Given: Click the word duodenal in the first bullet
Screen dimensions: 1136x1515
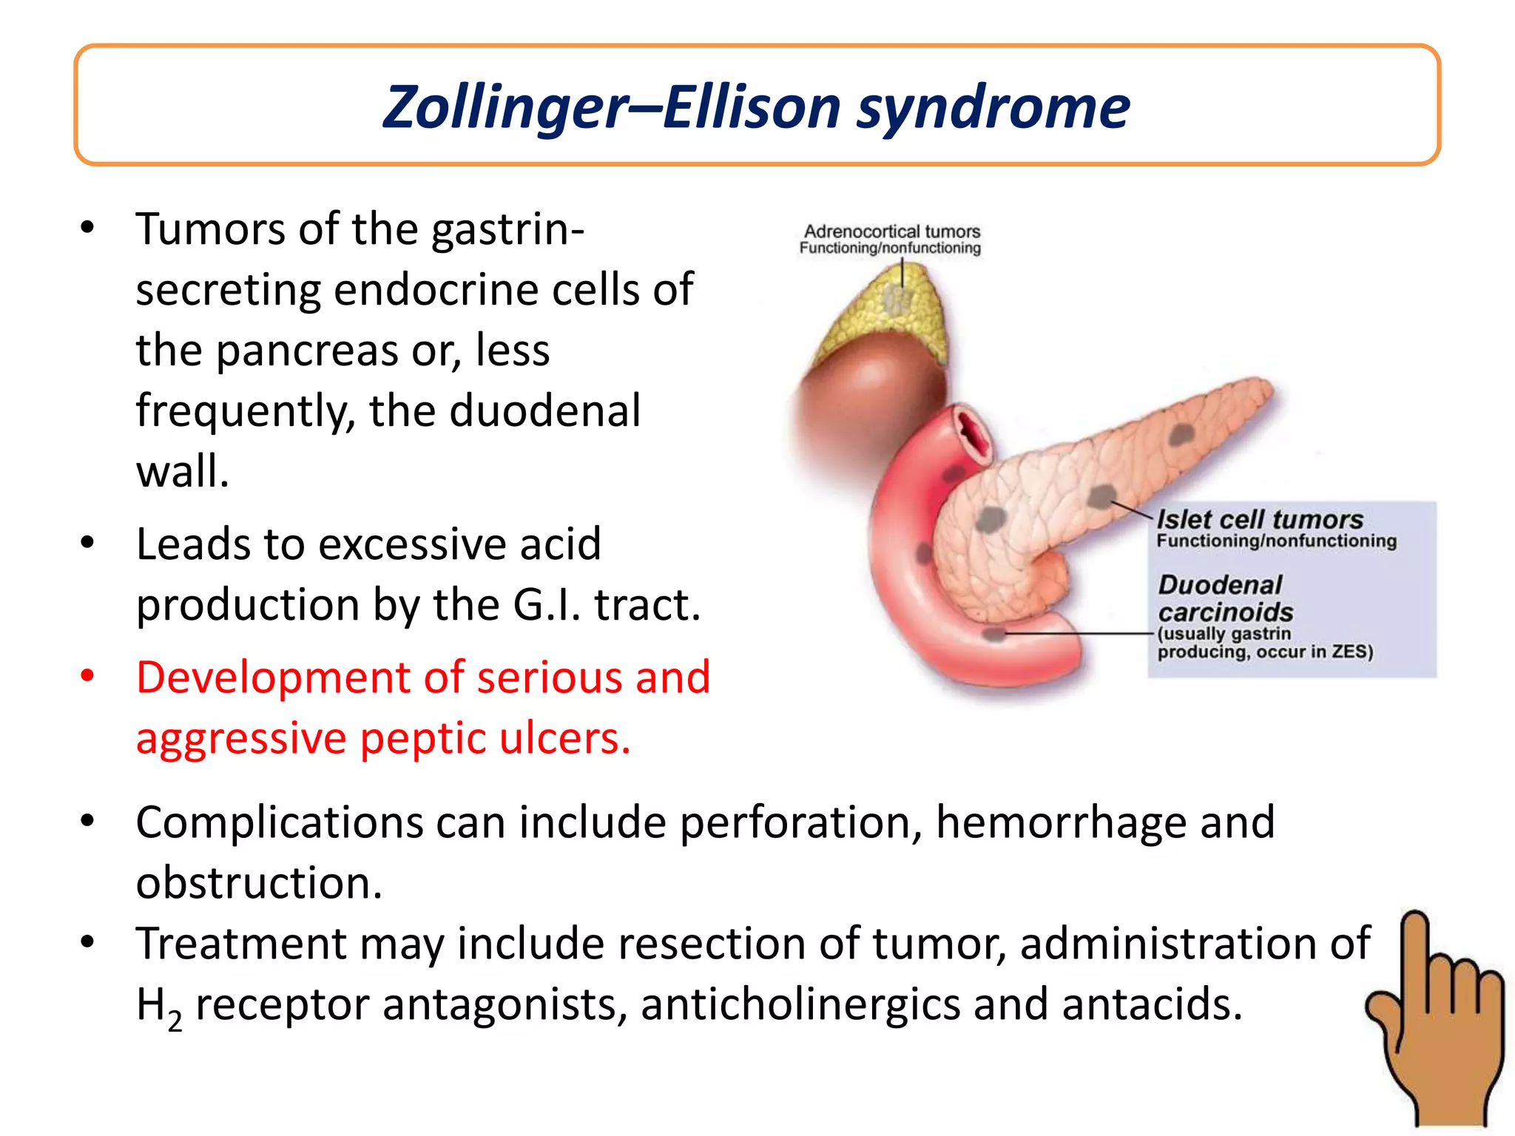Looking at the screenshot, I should tap(544, 410).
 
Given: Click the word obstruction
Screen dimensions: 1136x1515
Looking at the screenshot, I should tap(259, 882).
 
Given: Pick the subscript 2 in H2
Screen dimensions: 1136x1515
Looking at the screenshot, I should tap(175, 1021).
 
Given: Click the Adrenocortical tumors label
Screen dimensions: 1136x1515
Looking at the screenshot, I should tap(891, 231).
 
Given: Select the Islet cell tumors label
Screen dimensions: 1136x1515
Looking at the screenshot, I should tap(1259, 519).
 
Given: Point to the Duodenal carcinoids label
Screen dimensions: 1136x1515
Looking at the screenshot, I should tap(1224, 598).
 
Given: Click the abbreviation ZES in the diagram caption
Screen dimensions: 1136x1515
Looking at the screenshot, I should tap(1349, 652).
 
